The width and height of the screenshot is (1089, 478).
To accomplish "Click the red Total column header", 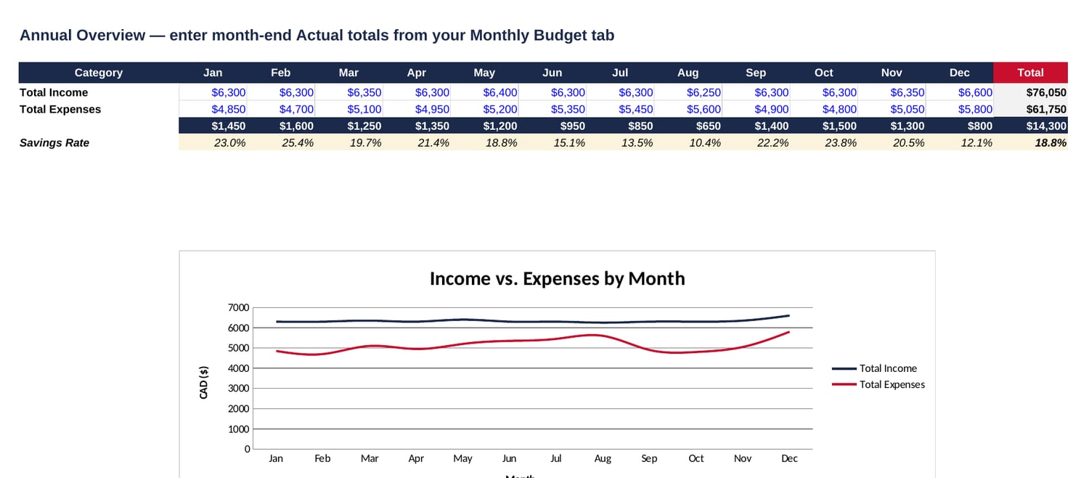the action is tap(1030, 73).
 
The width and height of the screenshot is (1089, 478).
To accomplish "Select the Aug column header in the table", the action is tap(688, 73).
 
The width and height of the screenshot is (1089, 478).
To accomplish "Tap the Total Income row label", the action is tap(54, 92).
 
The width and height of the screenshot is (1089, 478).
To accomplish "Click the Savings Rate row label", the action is tap(54, 143).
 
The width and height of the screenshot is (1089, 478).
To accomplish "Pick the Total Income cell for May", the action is tap(499, 92).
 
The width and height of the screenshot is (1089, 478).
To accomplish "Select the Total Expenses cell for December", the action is tap(975, 110).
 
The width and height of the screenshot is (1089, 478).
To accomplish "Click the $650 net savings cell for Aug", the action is tap(708, 126).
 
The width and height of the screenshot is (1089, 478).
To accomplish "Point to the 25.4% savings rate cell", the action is tap(298, 143).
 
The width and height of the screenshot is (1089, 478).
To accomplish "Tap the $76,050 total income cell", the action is tap(1046, 92).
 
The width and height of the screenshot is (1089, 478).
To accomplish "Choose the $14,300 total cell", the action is tap(1046, 126).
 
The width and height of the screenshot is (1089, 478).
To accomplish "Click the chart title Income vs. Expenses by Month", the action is tap(557, 279).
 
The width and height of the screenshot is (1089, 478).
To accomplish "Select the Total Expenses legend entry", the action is tap(878, 384).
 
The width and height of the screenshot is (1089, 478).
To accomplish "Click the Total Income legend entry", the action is tap(874, 368).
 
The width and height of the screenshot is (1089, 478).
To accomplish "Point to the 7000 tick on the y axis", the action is tap(238, 307).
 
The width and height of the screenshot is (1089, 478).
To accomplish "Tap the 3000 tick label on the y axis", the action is tap(238, 388).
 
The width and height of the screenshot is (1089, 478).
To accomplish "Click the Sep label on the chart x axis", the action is tap(649, 458).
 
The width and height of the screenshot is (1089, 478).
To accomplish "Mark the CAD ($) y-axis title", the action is tap(203, 382).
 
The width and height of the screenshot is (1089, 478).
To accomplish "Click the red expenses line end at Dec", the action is tap(788, 332).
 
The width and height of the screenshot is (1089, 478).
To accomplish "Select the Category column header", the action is tap(99, 73).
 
